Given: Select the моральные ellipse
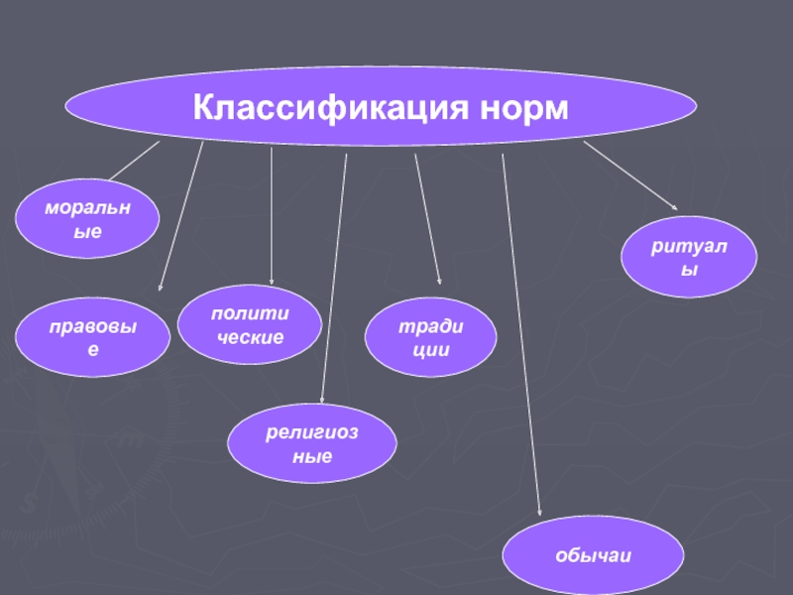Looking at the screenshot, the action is tap(87, 218).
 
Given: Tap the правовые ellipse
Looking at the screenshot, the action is tap(92, 337).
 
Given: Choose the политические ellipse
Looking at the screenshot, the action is tap(250, 324).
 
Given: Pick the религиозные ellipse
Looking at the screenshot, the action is tap(312, 443).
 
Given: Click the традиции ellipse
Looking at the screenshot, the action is tap(430, 337).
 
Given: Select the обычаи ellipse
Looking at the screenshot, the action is tap(593, 555).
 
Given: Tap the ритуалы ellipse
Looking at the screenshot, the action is tap(689, 257).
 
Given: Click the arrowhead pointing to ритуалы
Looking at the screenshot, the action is tap(675, 207).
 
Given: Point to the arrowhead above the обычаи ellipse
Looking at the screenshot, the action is tap(539, 513).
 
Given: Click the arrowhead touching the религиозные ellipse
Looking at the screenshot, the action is tap(322, 401).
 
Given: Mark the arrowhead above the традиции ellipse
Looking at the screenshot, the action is tap(439, 282).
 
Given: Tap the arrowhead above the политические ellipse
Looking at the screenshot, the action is tap(272, 282).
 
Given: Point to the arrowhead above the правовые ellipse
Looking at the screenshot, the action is tap(160, 288).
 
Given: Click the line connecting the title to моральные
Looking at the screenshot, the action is tap(134, 161).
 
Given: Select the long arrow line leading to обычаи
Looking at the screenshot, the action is tap(521, 334).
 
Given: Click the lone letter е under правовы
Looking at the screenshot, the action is tap(93, 350).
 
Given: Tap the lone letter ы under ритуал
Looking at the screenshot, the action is tap(689, 270).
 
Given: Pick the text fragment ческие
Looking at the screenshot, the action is tap(251, 337).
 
